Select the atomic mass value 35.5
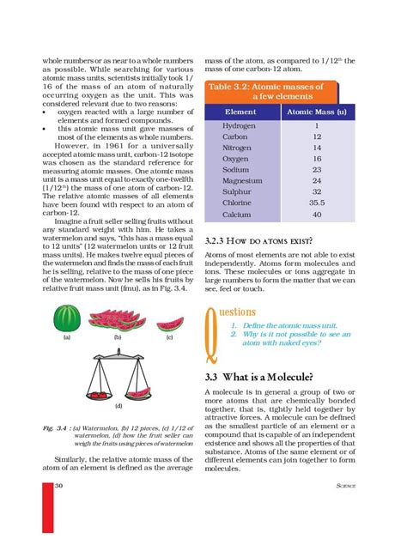point(317,203)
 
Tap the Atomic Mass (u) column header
point(316,112)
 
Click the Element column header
point(240,112)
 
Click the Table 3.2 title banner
point(269,92)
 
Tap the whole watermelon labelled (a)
point(66,319)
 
